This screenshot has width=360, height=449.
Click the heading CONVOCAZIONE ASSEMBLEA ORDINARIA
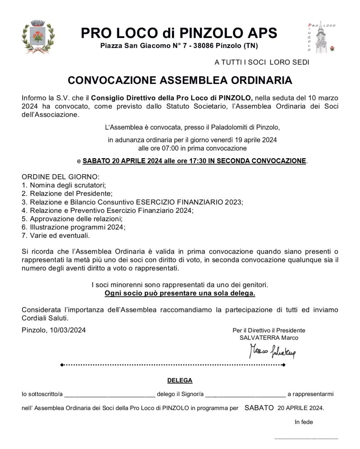tap(180, 80)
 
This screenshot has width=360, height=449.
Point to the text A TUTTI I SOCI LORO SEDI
tap(262, 62)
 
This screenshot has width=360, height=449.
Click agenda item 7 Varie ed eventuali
tap(56, 235)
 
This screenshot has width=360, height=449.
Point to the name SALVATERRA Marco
tap(269, 338)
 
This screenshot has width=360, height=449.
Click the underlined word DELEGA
tap(180, 380)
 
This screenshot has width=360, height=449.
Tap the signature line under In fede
tap(306, 437)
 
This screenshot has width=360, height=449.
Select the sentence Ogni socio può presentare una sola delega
tap(180, 293)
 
